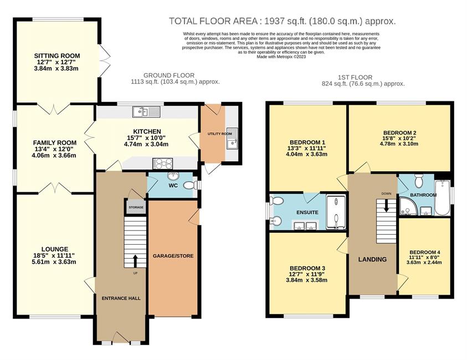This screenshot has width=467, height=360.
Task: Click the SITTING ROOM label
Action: click(x=57, y=56)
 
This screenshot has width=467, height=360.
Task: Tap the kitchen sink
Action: click(x=147, y=112)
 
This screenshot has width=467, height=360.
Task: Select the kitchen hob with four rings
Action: click(x=163, y=163)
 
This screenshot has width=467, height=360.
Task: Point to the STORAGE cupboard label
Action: click(x=136, y=207)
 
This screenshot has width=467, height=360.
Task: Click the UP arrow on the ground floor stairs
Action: click(x=135, y=261)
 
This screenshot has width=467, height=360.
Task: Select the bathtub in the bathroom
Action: click(x=442, y=197)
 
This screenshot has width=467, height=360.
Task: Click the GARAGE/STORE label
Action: click(x=173, y=256)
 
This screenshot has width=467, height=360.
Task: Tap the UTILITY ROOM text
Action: click(x=220, y=134)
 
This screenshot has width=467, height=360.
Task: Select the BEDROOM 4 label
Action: click(x=425, y=251)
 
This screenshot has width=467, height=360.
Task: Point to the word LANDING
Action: click(x=372, y=259)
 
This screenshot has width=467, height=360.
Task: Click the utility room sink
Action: click(x=232, y=138)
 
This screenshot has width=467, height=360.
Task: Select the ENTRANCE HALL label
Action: click(x=121, y=299)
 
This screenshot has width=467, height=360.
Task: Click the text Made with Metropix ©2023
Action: click(x=281, y=56)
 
